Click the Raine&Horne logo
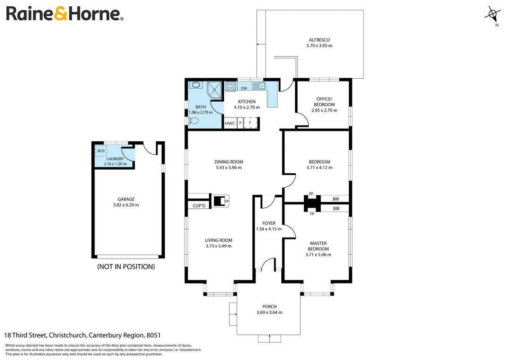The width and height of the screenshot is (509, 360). (65, 14)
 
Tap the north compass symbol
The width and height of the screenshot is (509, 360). (492, 15)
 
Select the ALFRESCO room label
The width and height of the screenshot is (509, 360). (319, 40)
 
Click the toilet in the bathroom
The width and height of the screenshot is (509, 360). (193, 121)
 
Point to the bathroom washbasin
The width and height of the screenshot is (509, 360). (196, 85)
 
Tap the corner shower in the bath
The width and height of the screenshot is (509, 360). (214, 89)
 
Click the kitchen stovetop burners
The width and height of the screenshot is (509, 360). (230, 86)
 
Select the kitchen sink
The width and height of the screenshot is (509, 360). (259, 85)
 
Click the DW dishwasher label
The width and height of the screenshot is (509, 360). (244, 88)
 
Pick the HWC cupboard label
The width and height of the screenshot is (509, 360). (230, 123)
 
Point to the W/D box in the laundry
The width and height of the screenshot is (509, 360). (101, 151)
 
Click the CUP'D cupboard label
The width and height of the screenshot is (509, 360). (199, 206)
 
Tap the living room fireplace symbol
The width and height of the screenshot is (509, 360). (221, 201)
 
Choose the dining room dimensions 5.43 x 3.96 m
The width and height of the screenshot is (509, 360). (229, 167)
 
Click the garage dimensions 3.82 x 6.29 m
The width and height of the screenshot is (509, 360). (126, 205)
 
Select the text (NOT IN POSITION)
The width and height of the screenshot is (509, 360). (126, 267)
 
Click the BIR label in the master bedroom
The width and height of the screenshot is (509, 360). (336, 209)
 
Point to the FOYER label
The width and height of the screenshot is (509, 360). (269, 223)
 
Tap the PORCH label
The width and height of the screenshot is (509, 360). (270, 306)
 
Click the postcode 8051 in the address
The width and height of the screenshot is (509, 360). (153, 335)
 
